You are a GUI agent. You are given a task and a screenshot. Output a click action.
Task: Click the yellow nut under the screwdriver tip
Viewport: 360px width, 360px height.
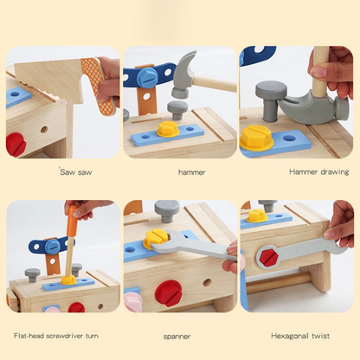click(67, 279)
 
